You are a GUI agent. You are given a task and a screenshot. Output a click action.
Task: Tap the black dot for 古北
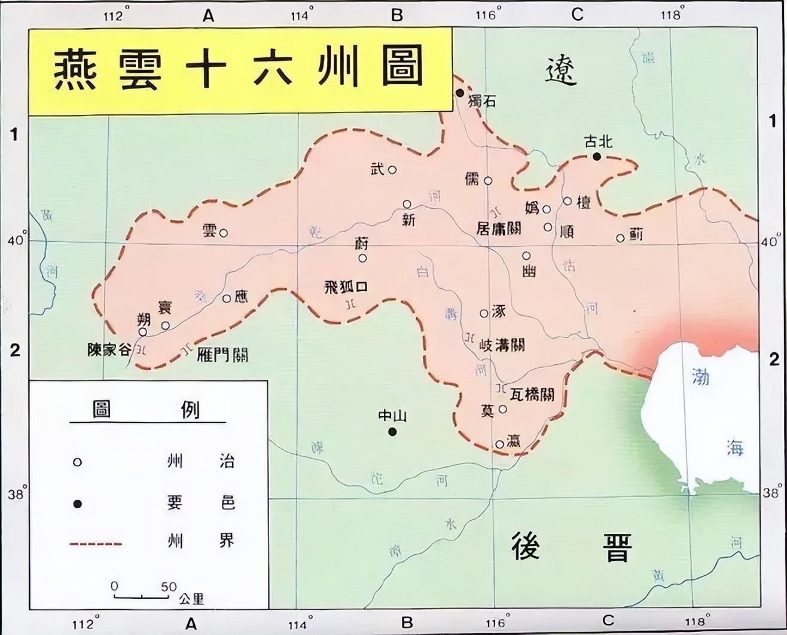click(x=597, y=156)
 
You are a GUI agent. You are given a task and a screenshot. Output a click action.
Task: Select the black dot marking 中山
click(x=392, y=432)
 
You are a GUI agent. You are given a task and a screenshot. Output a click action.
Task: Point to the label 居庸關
click(x=498, y=228)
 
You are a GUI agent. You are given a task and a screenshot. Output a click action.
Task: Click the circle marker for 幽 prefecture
click(x=526, y=256)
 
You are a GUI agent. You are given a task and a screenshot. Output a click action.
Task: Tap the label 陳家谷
click(x=109, y=350)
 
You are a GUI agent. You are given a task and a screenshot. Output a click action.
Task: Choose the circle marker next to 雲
click(x=224, y=233)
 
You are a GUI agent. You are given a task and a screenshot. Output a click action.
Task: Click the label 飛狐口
click(x=345, y=286)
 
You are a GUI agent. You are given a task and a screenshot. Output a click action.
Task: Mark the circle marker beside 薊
click(x=621, y=238)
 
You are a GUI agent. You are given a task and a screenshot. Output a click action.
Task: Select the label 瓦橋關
click(x=532, y=395)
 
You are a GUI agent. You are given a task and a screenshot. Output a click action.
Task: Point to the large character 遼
click(x=561, y=73)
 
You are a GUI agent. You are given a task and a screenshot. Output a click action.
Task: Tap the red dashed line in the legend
click(x=96, y=544)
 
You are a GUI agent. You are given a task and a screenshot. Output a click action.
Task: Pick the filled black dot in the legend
click(x=77, y=504)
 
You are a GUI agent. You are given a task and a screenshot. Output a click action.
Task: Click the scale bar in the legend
click(x=142, y=596)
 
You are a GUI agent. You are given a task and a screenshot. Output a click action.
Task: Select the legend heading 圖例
click(x=147, y=410)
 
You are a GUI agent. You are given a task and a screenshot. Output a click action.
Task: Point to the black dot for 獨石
click(x=460, y=93)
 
